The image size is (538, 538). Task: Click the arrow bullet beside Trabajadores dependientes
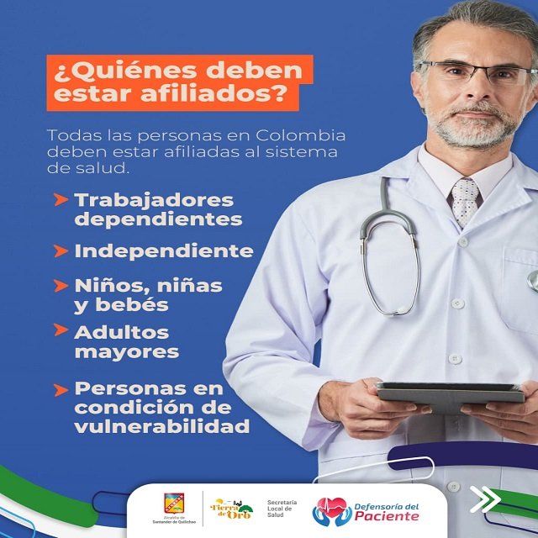tap(61, 201)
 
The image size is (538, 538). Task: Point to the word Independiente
tap(164, 251)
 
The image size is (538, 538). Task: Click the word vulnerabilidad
tap(162, 426)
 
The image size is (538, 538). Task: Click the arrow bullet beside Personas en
tap(61, 389)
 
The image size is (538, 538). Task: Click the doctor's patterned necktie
tap(464, 203)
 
